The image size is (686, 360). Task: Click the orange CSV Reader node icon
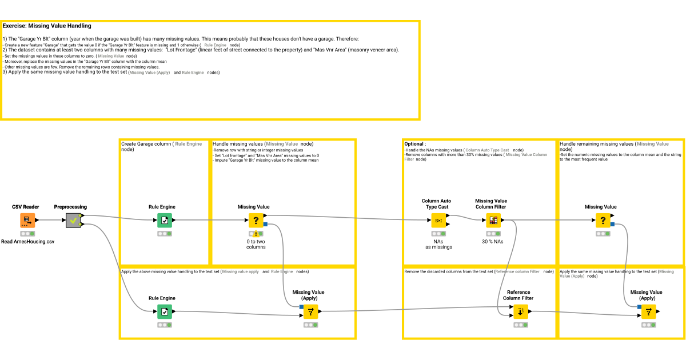click(x=27, y=220)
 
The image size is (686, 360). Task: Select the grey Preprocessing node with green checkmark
click(x=73, y=221)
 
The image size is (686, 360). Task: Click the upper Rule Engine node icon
click(x=165, y=220)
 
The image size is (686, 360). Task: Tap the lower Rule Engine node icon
click(x=165, y=311)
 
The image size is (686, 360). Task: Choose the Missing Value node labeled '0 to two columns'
click(x=256, y=220)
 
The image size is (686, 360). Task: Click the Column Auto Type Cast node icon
click(x=438, y=220)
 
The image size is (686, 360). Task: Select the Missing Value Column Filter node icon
click(x=493, y=220)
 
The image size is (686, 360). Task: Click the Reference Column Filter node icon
click(x=521, y=311)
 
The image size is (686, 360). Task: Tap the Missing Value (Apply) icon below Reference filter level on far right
click(x=648, y=311)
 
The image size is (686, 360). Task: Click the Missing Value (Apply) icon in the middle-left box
click(x=310, y=311)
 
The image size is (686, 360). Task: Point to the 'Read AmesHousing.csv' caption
click(x=27, y=242)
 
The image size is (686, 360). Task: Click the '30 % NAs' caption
click(x=493, y=241)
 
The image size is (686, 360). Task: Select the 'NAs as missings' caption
click(x=438, y=244)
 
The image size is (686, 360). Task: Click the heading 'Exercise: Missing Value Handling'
click(x=47, y=26)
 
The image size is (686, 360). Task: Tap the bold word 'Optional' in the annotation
click(x=414, y=144)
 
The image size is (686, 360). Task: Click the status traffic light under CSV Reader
click(x=27, y=234)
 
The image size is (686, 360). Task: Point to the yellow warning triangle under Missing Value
click(x=256, y=235)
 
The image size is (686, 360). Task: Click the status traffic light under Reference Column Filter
click(x=521, y=325)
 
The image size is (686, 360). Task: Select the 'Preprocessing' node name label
click(x=70, y=207)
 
